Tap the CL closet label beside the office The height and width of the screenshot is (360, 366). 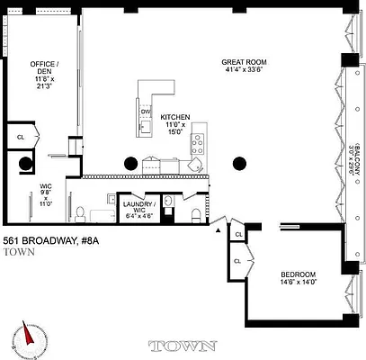(20, 137)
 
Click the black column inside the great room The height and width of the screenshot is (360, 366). (239, 163)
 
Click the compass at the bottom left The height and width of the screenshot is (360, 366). (27, 338)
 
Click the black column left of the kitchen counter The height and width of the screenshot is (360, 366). (130, 163)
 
